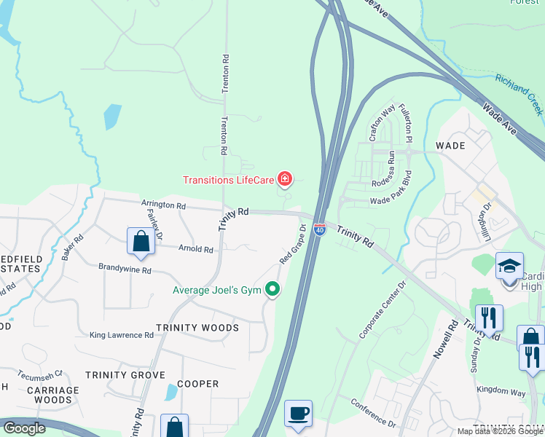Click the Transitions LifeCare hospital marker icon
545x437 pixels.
coord(285,178)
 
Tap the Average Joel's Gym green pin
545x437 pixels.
coord(273,290)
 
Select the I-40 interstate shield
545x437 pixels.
coord(320,229)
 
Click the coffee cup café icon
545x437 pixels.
coord(298,414)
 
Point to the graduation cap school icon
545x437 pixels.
coord(510,266)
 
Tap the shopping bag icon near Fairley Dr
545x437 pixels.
coord(141,241)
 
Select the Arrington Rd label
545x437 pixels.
coord(163,205)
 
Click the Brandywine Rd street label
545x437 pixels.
coord(125,269)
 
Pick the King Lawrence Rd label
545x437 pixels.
coord(122,335)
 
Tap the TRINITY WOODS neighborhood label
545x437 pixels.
coord(197,328)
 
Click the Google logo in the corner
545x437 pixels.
coord(25,428)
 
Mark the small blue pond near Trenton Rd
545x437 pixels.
coord(112,117)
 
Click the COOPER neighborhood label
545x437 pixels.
coord(197,384)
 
